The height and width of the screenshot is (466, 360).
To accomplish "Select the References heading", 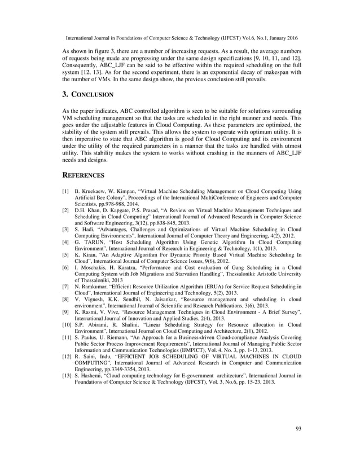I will click(83, 175).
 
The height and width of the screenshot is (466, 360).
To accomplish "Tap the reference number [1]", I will click(66, 192).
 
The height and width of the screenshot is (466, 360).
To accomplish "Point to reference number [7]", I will click(66, 287).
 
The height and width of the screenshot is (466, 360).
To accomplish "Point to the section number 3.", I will click(65, 94).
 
